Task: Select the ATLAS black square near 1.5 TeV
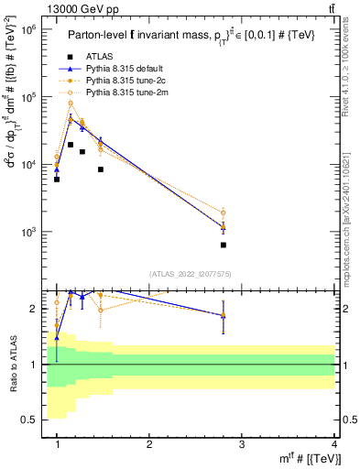pyautogui.click(x=101, y=169)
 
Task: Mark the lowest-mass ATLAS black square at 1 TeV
pyautogui.click(x=57, y=179)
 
